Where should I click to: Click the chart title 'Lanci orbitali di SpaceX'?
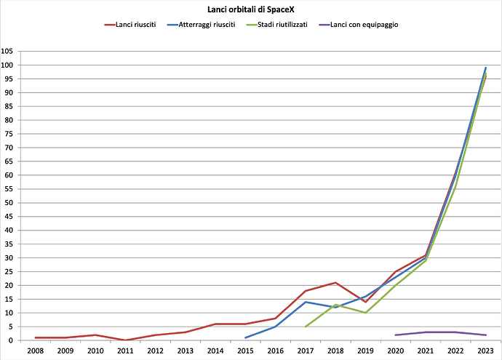pyautogui.click(x=250, y=9)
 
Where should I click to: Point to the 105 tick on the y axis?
pyautogui.click(x=7, y=52)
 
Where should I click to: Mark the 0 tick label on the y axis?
pyautogui.click(x=10, y=340)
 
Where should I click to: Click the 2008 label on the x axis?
pyautogui.click(x=36, y=351)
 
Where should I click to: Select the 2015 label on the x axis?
pyautogui.click(x=245, y=351)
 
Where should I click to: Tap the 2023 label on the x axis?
pyautogui.click(x=485, y=351)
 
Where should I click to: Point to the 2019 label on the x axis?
pyautogui.click(x=365, y=351)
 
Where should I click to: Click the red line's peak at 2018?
pyautogui.click(x=335, y=282)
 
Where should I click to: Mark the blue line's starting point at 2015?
pyautogui.click(x=245, y=337)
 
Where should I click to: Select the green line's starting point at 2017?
pyautogui.click(x=306, y=327)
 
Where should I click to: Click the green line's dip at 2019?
pyautogui.click(x=365, y=313)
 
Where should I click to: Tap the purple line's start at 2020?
pyautogui.click(x=395, y=335)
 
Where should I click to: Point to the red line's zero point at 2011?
pyautogui.click(x=126, y=340)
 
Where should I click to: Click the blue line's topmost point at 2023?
pyautogui.click(x=485, y=68)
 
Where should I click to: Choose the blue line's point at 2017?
pyautogui.click(x=306, y=302)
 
